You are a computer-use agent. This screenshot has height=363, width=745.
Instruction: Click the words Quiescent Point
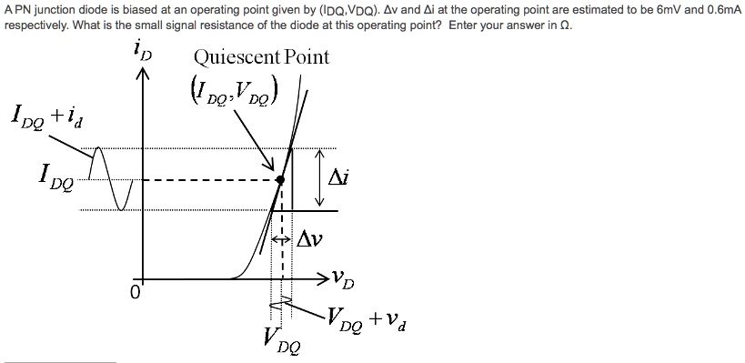(x=261, y=57)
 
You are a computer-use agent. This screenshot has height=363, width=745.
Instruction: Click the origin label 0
(x=133, y=294)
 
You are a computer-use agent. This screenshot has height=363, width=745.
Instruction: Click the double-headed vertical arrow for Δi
(x=319, y=178)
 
